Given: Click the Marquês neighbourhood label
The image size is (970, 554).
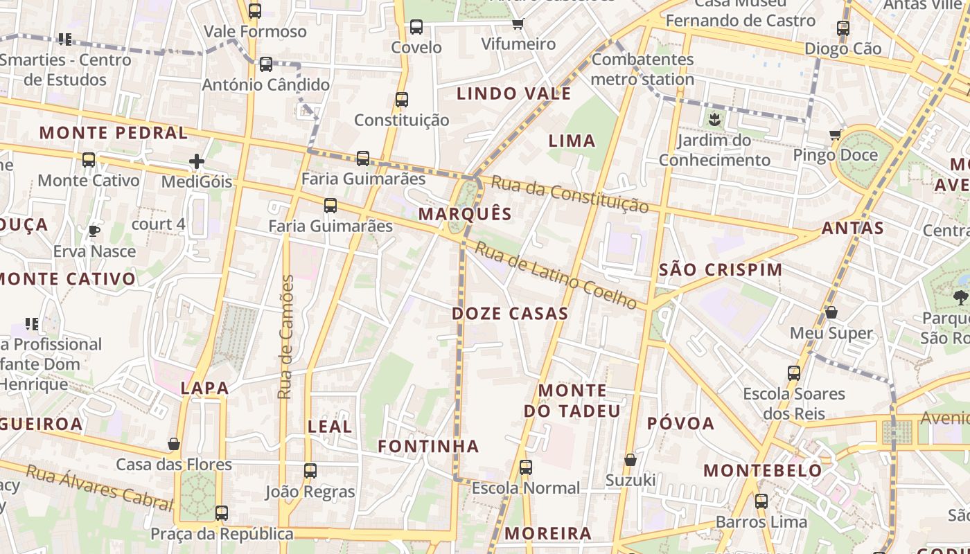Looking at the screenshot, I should [465, 214].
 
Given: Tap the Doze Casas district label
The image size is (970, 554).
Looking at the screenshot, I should [510, 314].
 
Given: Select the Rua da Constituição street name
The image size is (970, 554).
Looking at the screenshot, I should [570, 194].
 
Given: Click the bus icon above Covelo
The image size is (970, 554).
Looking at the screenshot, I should [416, 27].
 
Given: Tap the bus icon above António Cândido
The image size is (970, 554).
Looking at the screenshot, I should [266, 64].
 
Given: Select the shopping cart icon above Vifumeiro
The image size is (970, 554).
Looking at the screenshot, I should [518, 24].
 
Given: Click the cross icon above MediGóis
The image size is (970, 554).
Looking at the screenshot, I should [197, 161].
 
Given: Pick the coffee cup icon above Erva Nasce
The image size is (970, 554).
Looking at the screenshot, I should [94, 231].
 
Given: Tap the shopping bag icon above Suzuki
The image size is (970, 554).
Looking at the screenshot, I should [630, 460].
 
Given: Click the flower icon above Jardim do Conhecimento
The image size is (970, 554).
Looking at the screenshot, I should [714, 120].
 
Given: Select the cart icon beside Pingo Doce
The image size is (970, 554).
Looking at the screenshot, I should [836, 134].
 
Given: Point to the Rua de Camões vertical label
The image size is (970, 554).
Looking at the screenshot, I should [285, 337].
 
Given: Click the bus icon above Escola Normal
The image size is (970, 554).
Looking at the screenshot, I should [526, 467].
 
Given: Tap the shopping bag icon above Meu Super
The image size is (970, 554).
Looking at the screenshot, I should [831, 313].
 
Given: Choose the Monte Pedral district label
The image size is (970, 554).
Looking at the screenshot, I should [114, 133].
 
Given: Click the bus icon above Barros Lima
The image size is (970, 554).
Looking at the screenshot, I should [761, 501].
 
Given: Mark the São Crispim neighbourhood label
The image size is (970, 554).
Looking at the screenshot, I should [721, 270].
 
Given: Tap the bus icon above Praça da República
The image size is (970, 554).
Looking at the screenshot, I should [222, 513].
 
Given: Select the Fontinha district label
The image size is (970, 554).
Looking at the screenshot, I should [428, 447].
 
